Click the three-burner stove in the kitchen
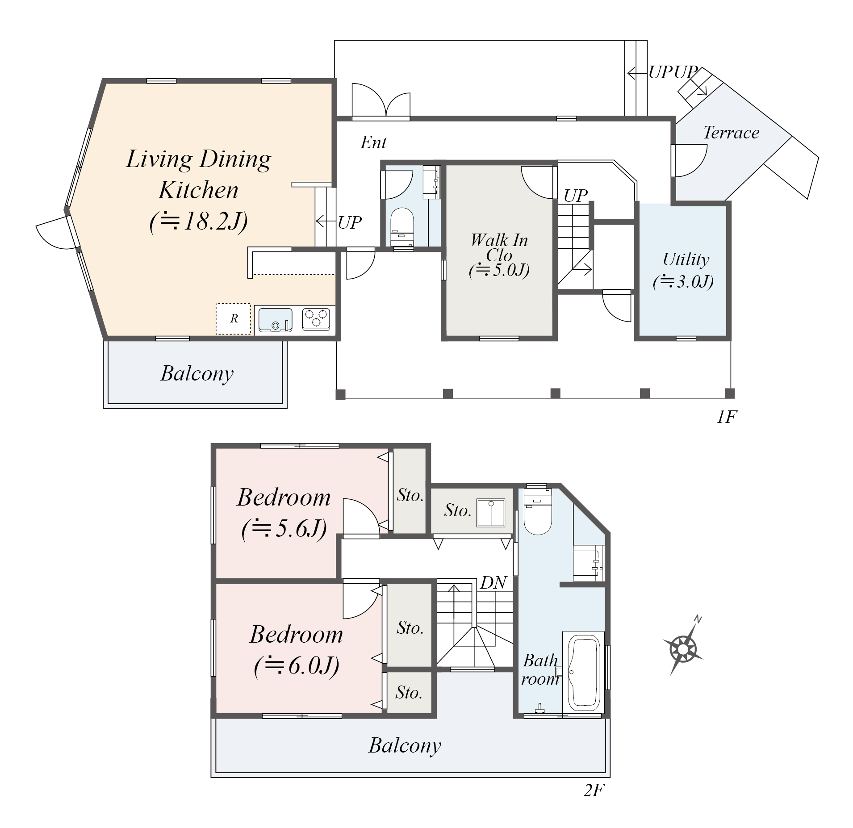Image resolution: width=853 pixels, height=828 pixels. coord(316,319)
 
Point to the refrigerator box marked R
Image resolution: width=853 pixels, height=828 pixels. coord(233,319)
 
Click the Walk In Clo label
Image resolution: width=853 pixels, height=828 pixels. coord(499,247)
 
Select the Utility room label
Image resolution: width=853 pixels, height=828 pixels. coord(686,259)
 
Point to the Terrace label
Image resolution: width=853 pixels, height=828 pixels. coord(731,133)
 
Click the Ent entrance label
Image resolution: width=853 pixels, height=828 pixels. coord(373,142)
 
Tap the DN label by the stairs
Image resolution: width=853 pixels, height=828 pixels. coord(493,582)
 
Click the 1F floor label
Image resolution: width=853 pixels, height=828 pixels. coord(726,417)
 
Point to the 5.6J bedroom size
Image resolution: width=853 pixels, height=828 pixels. coord(284,529)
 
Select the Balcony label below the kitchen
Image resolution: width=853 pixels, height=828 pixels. coord(197,374)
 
